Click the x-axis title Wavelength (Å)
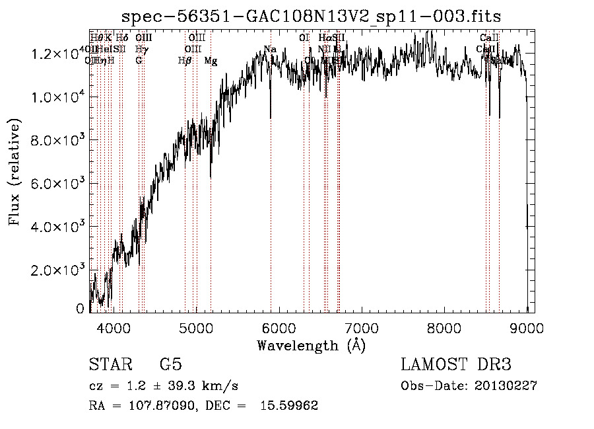[311, 345]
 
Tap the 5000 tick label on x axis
[196, 328]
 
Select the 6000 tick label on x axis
[279, 328]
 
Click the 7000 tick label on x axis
[362, 328]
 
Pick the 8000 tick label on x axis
[445, 328]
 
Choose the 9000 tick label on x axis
[527, 328]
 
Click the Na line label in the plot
[270, 49]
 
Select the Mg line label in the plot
[211, 61]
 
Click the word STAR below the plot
[108, 365]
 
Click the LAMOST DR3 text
[456, 365]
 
